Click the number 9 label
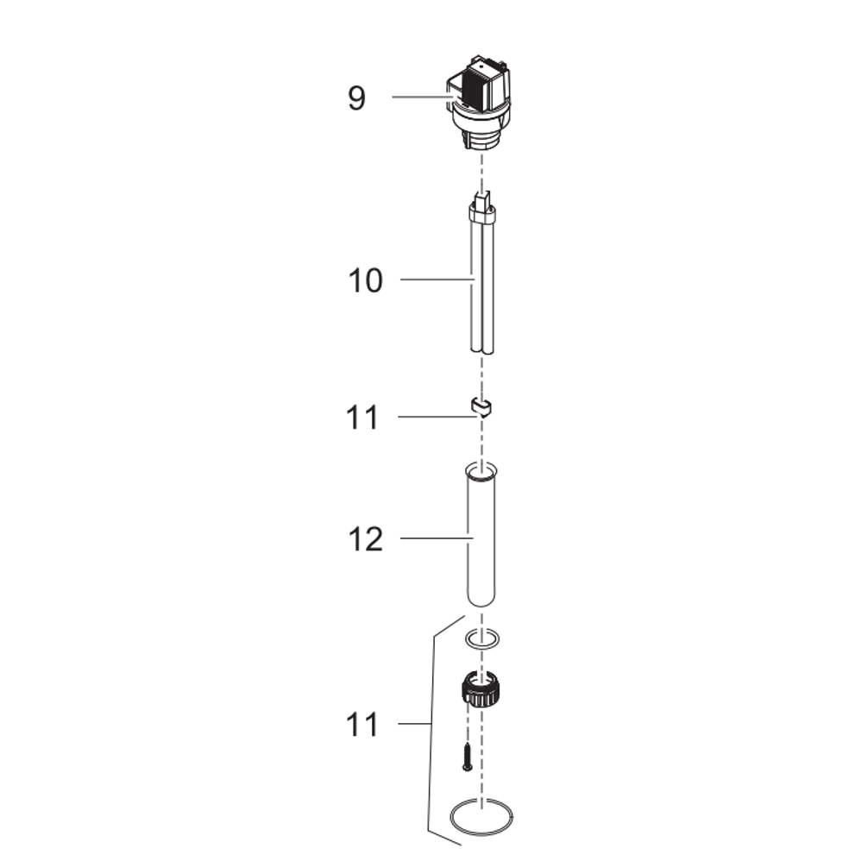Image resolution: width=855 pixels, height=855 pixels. pos(356,97)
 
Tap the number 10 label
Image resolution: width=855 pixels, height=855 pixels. pos(365,280)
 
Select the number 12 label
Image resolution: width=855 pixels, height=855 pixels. pos(365,540)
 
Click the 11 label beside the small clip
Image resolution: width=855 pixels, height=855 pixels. pos(362,418)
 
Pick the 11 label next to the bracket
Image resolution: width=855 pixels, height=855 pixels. pos(362,725)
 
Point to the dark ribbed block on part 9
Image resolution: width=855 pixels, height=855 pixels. pos(472,85)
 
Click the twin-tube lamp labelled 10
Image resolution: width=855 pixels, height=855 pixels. pos(483,285)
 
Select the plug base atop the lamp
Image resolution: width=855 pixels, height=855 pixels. pos(483,207)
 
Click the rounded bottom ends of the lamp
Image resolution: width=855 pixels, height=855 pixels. pos(483,347)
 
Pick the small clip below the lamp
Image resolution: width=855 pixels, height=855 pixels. pos(481,405)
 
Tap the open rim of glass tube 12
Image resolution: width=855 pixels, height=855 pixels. pos(481,471)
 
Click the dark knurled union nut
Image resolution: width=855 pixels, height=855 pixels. pos(481,688)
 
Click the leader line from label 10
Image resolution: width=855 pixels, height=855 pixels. pos(436,280)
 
